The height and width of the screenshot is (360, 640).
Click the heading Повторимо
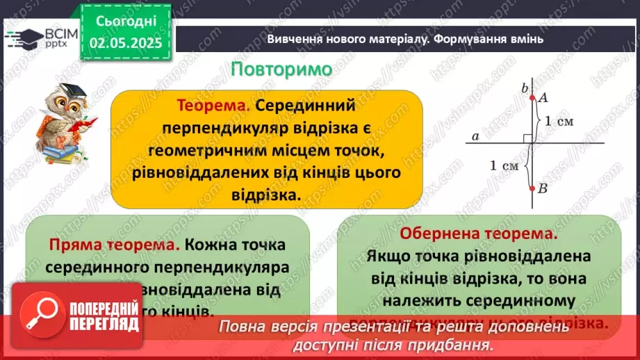[x=281, y=70]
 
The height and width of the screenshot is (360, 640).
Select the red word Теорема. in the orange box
[x=213, y=106]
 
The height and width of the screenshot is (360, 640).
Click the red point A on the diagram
[x=532, y=98]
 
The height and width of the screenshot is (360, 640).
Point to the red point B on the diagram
[x=532, y=188]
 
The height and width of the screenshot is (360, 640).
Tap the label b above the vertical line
[x=525, y=87]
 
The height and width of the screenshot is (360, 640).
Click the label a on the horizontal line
[x=475, y=137]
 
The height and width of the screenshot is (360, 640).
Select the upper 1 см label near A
[x=559, y=121]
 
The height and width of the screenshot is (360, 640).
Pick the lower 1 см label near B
[x=504, y=165]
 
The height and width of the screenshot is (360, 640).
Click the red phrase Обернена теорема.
[x=479, y=234]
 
